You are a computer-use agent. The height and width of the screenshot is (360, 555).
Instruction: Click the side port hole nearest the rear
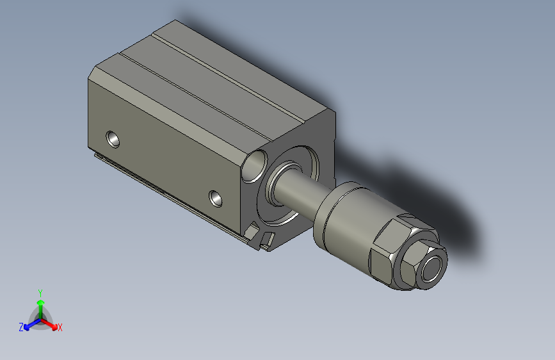(113, 138)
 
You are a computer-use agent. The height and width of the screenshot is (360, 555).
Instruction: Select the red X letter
(60, 327)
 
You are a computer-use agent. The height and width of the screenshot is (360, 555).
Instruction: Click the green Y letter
(40, 292)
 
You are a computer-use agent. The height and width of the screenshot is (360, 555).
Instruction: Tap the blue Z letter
(21, 327)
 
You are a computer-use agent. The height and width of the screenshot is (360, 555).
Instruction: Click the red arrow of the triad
(51, 324)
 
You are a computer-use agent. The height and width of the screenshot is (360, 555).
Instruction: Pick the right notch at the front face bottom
(268, 240)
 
